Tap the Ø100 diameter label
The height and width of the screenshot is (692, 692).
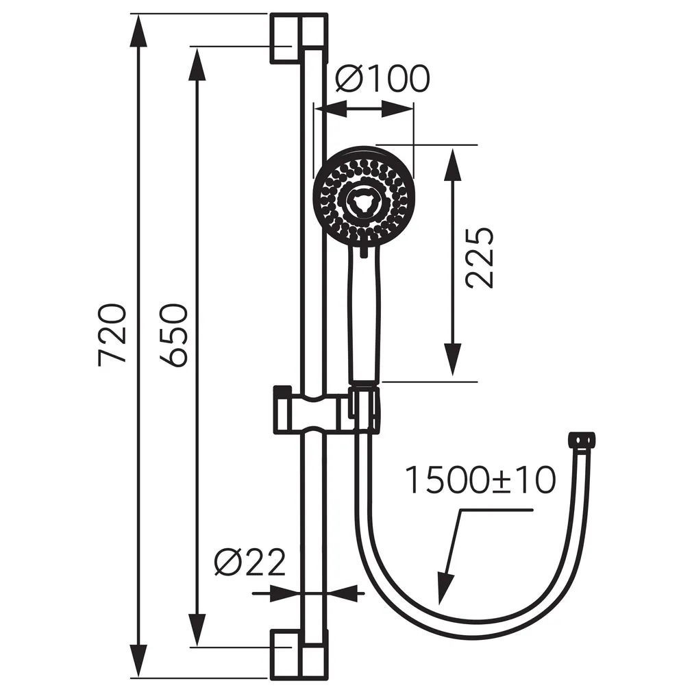point(382,79)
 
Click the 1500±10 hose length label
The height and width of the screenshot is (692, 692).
point(480,480)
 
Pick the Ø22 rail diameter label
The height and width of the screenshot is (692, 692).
point(249,563)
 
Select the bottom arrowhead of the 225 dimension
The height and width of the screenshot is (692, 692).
point(452,360)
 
